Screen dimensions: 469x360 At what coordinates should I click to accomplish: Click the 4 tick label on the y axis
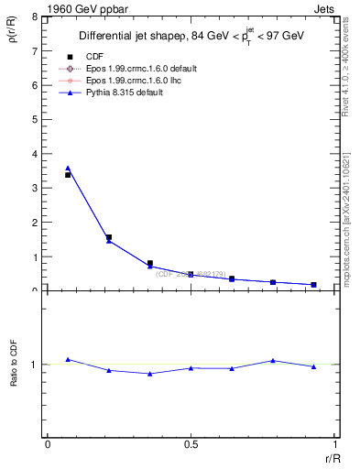click(x=35, y=154)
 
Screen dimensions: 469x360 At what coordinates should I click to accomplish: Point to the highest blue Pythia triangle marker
click(x=68, y=169)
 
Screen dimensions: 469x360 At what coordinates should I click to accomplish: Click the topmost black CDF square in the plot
click(x=68, y=174)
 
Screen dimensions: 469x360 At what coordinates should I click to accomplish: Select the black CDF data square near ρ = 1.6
click(x=109, y=237)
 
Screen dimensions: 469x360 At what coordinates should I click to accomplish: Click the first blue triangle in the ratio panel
click(x=68, y=359)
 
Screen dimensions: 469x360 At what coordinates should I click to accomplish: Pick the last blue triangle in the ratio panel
click(x=314, y=366)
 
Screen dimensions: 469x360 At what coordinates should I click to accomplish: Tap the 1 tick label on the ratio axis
click(x=35, y=365)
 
